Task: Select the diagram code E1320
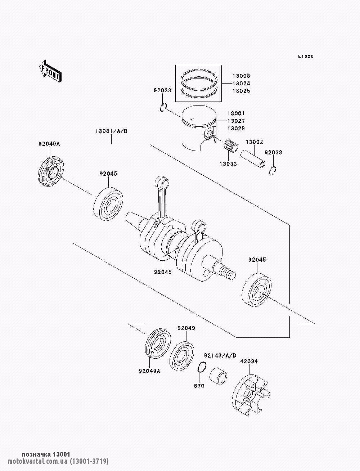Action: click(x=306, y=57)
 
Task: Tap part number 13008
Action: click(x=241, y=76)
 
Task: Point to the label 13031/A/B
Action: click(x=111, y=131)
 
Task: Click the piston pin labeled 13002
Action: click(x=253, y=159)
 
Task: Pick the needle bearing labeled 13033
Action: click(x=231, y=146)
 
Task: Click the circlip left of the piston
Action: click(x=163, y=108)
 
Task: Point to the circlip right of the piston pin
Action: click(x=273, y=171)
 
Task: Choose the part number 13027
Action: click(x=236, y=121)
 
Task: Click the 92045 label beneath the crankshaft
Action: click(x=163, y=272)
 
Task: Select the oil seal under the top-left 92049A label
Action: click(x=51, y=172)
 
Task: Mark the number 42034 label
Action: click(x=249, y=361)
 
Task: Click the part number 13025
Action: click(x=241, y=91)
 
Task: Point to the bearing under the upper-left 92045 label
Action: click(x=108, y=203)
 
